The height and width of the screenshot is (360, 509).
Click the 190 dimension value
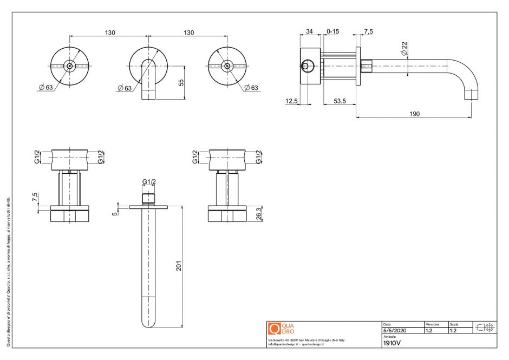pyautogui.click(x=414, y=114)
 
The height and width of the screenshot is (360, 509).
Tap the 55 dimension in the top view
pyautogui.click(x=181, y=82)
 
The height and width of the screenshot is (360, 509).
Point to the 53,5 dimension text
pyautogui.click(x=340, y=101)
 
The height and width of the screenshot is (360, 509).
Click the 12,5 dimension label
pyautogui.click(x=292, y=101)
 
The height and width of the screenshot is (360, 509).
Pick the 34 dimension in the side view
pyautogui.click(x=309, y=31)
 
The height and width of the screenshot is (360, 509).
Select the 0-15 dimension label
pyautogui.click(x=333, y=31)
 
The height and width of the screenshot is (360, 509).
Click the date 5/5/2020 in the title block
pyautogui.click(x=394, y=330)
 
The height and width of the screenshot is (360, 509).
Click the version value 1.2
pyautogui.click(x=429, y=330)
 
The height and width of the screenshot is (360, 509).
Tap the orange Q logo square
pyautogui.click(x=275, y=328)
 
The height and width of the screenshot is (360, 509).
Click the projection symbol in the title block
pyautogui.click(x=485, y=328)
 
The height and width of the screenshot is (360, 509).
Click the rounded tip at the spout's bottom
pyautogui.click(x=148, y=324)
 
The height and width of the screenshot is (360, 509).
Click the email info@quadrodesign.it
pyautogui.click(x=284, y=344)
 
